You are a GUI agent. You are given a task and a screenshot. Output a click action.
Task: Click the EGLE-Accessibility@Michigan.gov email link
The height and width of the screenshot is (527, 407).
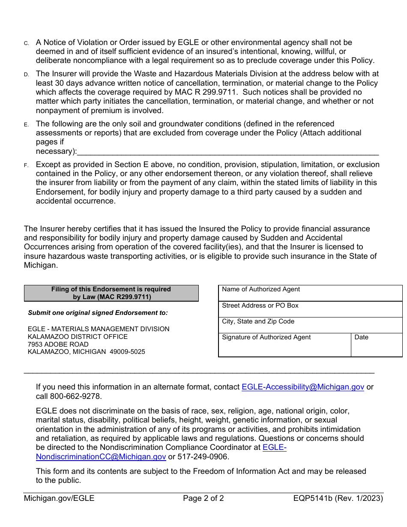coord(303,387)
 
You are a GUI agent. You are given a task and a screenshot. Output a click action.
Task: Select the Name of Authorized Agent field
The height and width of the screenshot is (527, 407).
coord(310,293)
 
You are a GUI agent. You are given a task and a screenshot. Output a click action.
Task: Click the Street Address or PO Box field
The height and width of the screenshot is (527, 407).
coord(310,309)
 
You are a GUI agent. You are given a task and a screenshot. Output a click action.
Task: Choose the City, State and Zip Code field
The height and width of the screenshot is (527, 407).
coord(310,325)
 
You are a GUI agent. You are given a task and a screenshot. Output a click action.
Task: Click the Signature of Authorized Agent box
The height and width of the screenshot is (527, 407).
coord(284,345)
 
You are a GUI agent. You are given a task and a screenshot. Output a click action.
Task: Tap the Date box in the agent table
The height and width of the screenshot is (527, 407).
coord(376,345)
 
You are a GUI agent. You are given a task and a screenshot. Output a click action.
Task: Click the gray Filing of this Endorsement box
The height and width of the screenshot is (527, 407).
coord(111,293)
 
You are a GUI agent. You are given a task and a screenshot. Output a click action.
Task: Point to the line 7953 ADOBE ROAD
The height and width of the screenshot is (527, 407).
coord(58,344)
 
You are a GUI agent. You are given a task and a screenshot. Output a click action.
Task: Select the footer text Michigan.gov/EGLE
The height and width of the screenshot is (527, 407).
coord(59,498)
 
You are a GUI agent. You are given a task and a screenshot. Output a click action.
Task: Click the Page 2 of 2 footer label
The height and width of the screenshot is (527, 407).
coord(203,498)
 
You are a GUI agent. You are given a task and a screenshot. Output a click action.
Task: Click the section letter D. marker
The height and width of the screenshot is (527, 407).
coord(26,75)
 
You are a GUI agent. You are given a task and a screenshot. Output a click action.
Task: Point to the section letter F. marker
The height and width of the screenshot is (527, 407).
coord(26,165)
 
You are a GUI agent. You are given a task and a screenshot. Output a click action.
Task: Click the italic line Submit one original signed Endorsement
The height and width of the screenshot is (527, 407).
coord(98,313)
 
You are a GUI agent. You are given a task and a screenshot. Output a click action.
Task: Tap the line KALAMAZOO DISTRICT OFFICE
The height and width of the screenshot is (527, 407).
coord(78,337)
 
